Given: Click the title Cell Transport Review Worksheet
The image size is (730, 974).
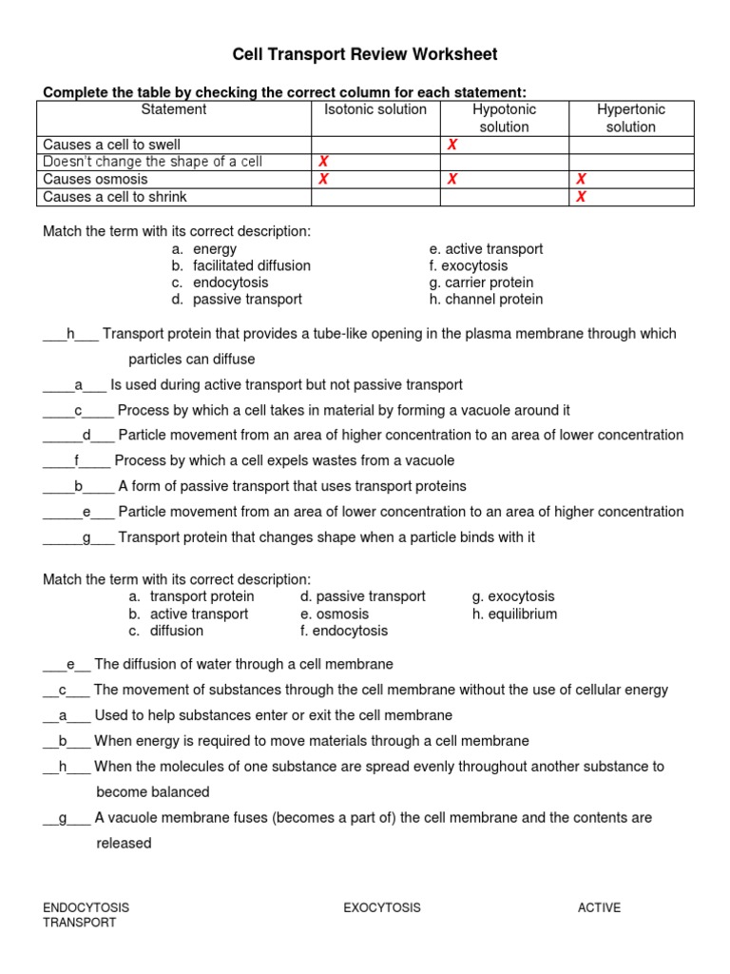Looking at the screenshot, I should coord(365,54).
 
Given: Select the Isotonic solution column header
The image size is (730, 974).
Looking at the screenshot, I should coord(375,109).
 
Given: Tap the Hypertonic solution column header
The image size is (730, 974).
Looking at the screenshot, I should coord(631,118).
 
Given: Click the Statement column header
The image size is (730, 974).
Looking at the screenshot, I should coord(174,109).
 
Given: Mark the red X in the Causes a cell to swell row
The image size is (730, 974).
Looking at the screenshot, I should coord(452,145).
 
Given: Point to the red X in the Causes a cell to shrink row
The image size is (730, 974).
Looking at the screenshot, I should coord(581,197).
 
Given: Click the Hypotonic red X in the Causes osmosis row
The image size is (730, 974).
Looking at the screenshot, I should coord(452,179).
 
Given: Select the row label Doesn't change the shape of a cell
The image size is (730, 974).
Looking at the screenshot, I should coord(153,162).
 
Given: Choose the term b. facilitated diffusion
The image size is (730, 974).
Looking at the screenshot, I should coord(241,265).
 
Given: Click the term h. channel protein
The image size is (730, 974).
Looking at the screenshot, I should coord(486,299).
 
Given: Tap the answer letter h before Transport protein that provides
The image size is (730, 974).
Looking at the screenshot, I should coord(70,334).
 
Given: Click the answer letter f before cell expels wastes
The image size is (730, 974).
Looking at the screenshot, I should coord(76,460).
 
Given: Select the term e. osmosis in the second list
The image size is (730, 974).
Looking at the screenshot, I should coord(334,614).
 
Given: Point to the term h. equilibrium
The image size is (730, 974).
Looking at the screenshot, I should coord(514,614).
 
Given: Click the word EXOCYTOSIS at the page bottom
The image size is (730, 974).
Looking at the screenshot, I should coord(381,907).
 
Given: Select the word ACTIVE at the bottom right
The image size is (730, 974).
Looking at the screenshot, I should coord(599,907).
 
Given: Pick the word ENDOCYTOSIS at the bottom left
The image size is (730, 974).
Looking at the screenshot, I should coord(86,907).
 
